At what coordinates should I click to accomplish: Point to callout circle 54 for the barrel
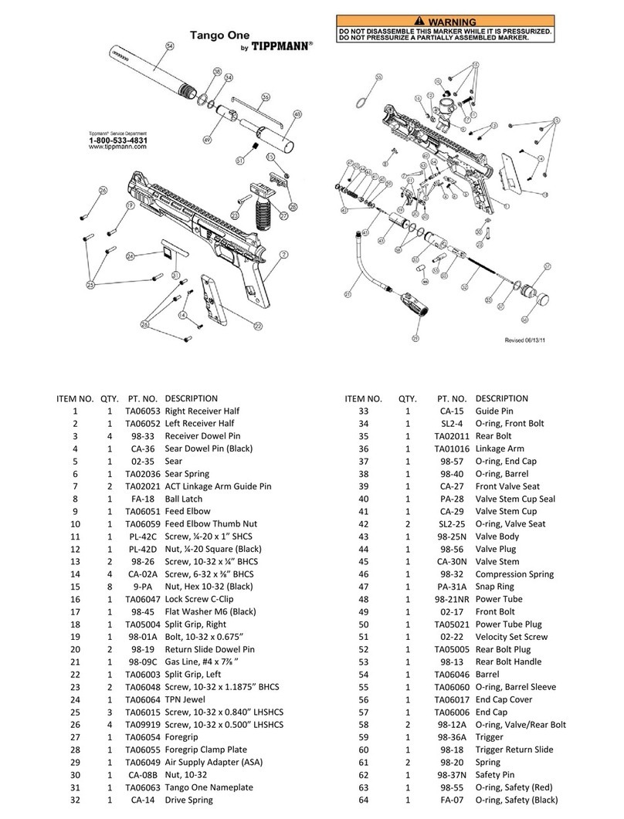(x=171, y=46)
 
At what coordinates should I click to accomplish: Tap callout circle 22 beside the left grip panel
(x=258, y=327)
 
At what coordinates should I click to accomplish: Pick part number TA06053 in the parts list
(x=142, y=411)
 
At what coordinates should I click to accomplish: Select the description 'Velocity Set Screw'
(x=511, y=637)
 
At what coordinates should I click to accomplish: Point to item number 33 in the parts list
(x=363, y=411)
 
